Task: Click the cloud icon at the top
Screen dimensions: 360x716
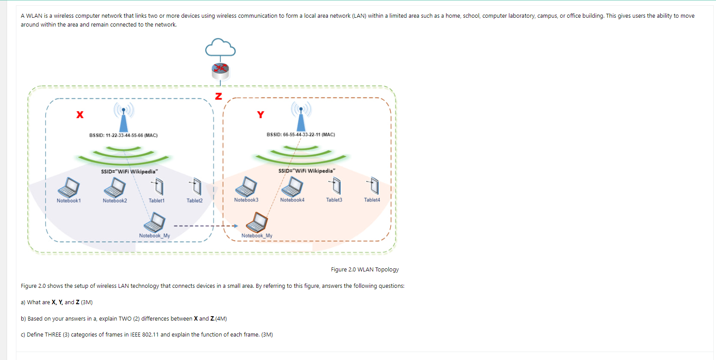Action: pos(220,48)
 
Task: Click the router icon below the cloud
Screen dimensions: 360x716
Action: pos(220,69)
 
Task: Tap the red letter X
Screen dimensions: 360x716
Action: pos(80,115)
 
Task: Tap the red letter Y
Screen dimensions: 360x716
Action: pos(261,115)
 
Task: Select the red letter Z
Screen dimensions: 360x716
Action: pos(218,96)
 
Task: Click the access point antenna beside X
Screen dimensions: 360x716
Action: pos(123,117)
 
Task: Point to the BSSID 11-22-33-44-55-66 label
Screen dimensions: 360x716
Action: pos(123,135)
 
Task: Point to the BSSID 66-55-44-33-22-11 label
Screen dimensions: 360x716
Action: pos(300,135)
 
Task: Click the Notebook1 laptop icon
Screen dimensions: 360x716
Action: pos(69,187)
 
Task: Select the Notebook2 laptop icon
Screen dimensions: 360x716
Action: pos(115,187)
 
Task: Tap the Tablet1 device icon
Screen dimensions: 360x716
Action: pos(158,186)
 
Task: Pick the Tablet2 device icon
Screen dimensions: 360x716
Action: pos(196,186)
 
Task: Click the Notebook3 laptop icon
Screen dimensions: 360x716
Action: pos(246,186)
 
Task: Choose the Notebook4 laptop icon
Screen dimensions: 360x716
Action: pos(293,186)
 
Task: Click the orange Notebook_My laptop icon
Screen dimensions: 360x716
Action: pos(257,222)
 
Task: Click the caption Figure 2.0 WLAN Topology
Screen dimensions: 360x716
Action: pos(365,269)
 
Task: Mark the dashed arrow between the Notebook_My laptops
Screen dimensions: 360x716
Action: pos(205,226)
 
